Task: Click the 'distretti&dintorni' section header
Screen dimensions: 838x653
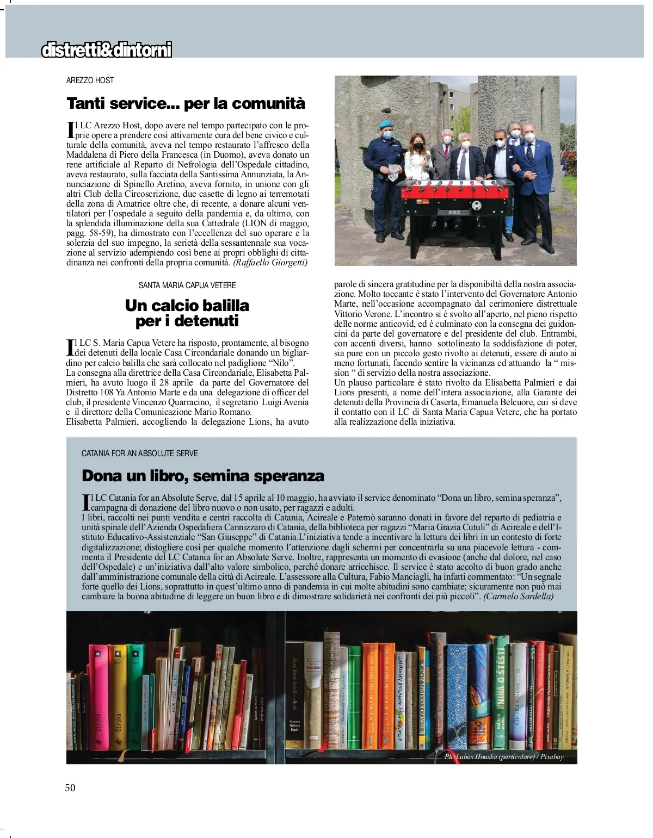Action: pos(107,51)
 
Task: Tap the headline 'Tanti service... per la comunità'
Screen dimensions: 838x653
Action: pos(186,103)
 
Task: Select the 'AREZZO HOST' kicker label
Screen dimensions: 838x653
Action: pos(90,80)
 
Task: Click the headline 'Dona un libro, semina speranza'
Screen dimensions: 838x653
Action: pos(202,476)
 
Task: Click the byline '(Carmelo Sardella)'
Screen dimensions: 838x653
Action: pos(518,597)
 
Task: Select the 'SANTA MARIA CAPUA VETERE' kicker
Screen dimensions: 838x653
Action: pos(187,285)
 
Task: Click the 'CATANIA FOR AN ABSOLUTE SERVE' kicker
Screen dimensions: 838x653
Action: pos(139,453)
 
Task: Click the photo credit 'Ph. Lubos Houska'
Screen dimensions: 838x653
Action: pos(503,757)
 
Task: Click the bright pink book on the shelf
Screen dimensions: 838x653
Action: pos(98,702)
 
